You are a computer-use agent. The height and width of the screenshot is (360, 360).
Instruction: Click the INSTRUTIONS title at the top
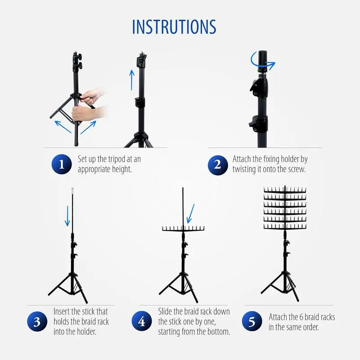click(x=174, y=27)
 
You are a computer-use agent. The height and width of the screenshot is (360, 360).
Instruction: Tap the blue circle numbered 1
click(x=62, y=164)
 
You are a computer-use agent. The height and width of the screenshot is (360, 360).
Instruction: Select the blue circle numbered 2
click(x=218, y=165)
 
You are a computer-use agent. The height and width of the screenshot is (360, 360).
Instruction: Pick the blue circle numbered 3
click(x=37, y=321)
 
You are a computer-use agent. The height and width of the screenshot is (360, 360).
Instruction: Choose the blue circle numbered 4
click(x=142, y=321)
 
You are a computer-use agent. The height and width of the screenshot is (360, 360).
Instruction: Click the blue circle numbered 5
click(x=252, y=321)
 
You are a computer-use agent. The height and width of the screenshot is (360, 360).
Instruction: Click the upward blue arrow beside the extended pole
click(x=131, y=80)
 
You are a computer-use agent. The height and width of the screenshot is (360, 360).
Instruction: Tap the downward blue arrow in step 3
click(x=67, y=216)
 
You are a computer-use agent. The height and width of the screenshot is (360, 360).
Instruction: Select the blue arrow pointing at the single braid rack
click(x=190, y=213)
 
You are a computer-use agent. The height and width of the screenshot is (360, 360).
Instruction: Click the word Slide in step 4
click(x=165, y=311)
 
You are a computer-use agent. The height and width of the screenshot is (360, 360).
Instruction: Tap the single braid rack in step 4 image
click(x=183, y=229)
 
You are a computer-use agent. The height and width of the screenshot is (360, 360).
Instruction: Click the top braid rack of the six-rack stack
click(x=285, y=190)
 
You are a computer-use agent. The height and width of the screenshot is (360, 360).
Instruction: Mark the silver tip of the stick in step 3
click(x=72, y=190)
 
